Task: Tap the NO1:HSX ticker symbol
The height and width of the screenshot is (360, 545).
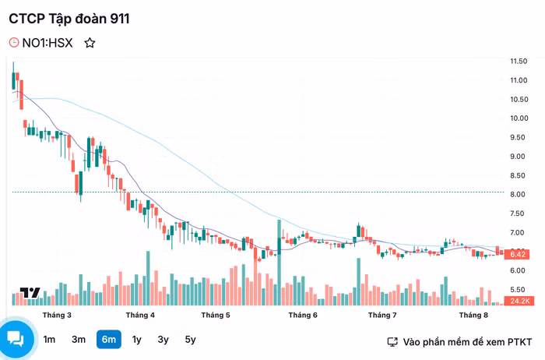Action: (47, 43)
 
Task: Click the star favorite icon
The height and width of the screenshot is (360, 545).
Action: (90, 43)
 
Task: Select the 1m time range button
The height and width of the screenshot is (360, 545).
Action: (49, 339)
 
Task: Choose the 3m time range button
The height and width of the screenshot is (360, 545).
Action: (79, 339)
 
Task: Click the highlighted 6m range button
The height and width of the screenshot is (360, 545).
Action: (108, 339)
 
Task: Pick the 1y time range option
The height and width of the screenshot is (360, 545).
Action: (137, 339)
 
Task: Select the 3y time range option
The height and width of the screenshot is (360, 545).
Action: (163, 339)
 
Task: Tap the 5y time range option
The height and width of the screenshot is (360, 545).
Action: (190, 339)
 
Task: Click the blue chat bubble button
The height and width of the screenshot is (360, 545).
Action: (16, 338)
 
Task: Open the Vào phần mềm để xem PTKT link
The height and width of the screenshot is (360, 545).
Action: (459, 341)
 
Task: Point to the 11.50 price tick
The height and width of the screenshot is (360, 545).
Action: (519, 61)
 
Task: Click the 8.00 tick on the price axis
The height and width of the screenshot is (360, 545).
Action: (519, 194)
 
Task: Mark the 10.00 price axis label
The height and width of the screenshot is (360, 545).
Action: (519, 118)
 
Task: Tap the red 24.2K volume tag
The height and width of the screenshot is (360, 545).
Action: (519, 301)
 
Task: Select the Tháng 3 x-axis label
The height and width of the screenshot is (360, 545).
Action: (58, 315)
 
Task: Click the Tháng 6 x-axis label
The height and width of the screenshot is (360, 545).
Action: (303, 315)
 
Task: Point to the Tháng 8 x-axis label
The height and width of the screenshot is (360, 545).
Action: (473, 315)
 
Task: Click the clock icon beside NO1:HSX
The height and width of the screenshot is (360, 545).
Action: (14, 43)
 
